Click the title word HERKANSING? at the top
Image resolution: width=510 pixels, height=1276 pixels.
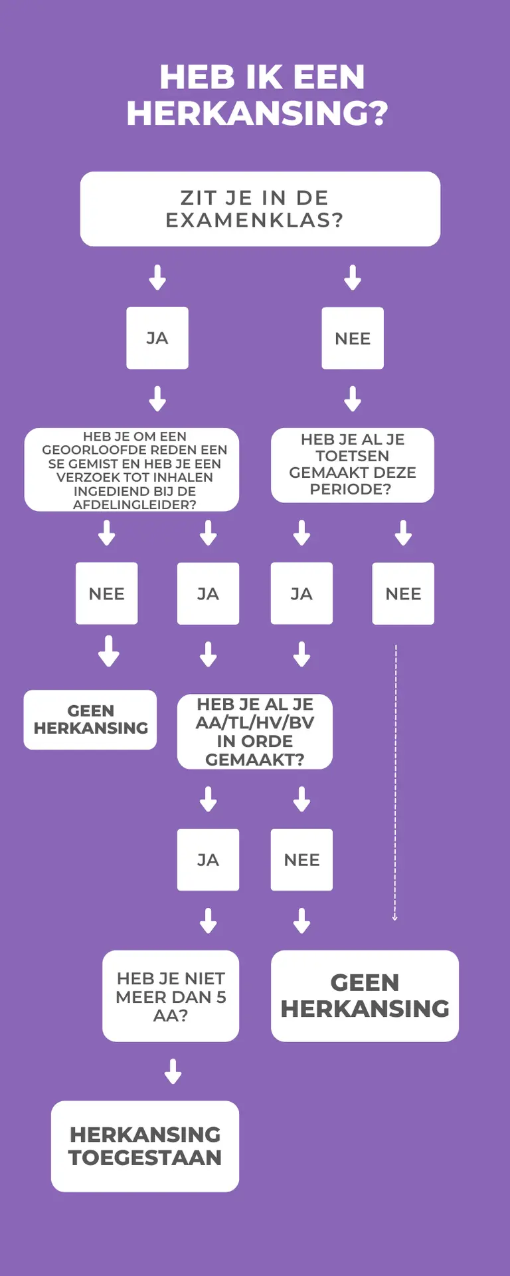point(257,113)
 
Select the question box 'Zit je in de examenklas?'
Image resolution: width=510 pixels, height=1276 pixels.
point(260,209)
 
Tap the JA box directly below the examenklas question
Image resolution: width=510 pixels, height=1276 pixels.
point(157,338)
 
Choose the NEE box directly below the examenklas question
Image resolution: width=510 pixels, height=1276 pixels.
point(353,338)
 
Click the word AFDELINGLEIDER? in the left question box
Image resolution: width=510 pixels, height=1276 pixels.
point(135,504)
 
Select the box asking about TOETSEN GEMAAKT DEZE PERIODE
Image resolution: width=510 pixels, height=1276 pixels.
point(353,465)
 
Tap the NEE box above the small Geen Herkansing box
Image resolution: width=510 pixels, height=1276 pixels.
point(107,593)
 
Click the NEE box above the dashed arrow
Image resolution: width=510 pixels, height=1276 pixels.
point(403,593)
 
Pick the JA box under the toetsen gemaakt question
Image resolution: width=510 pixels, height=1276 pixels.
point(301,593)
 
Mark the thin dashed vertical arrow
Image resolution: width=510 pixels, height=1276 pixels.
point(395,782)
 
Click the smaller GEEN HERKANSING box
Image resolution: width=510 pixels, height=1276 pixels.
point(90,720)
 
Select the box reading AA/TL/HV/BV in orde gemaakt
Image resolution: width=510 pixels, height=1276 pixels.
point(255,732)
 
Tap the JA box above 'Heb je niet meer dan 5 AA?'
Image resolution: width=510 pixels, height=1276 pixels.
point(208,859)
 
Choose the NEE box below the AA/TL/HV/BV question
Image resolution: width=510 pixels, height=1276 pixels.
point(301,859)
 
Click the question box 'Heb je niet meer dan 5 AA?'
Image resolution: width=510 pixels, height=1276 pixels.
point(171,996)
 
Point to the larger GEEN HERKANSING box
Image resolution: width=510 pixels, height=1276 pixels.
point(365,996)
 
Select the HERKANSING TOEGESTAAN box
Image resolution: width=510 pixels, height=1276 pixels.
point(145,1146)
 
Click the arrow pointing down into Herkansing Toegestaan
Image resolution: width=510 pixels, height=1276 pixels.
point(173,1071)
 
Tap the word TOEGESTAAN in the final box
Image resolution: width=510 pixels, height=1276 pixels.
point(145,1158)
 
